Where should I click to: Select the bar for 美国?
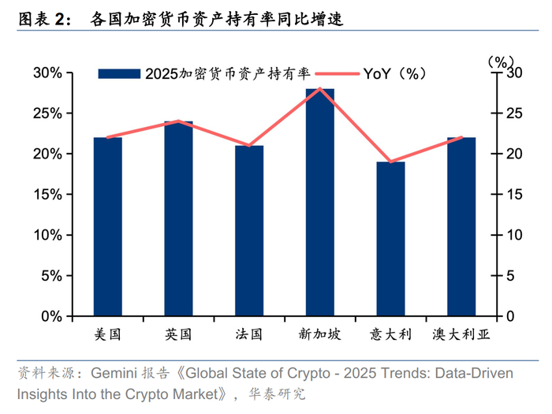(x=108, y=227)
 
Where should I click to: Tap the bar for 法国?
(x=249, y=231)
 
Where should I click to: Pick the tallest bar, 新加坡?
(x=319, y=203)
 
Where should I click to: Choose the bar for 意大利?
(x=390, y=239)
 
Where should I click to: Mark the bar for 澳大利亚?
(x=461, y=227)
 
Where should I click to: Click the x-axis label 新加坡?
(x=319, y=334)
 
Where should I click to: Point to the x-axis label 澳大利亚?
(x=461, y=334)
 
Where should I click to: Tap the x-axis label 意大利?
(x=390, y=334)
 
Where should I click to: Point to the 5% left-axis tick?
(x=51, y=276)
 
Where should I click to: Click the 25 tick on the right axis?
(x=513, y=114)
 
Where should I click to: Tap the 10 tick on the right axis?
(x=513, y=235)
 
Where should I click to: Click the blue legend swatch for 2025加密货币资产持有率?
(x=120, y=74)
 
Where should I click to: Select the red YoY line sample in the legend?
(x=338, y=74)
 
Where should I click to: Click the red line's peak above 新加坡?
(x=319, y=88)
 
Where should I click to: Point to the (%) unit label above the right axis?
(x=501, y=60)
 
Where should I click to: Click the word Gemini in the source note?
(x=116, y=372)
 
